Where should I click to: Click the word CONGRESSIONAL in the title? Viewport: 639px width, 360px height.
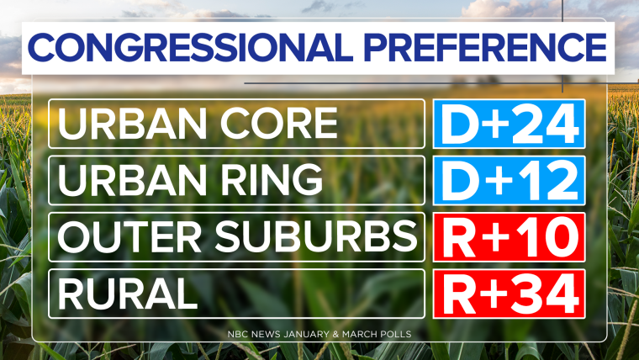click(x=190, y=47)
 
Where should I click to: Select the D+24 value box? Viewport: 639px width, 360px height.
click(x=509, y=124)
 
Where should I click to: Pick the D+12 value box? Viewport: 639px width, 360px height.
click(x=509, y=180)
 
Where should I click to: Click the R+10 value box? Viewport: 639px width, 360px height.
click(x=509, y=237)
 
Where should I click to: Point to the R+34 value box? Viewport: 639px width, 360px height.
click(x=509, y=294)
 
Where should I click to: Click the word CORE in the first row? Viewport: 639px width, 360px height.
click(x=279, y=123)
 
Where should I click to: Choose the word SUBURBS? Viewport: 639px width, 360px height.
click(x=316, y=236)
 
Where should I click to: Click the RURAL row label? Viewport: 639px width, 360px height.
click(x=128, y=294)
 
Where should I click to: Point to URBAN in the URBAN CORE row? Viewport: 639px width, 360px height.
click(x=133, y=123)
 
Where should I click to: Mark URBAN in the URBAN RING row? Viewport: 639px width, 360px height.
click(x=133, y=180)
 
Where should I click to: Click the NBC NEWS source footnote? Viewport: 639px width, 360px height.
click(x=319, y=334)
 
